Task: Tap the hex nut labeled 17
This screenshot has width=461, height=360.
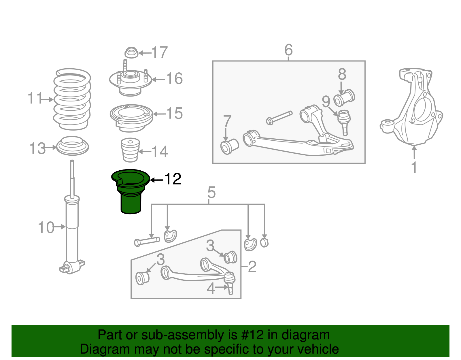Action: click(131, 52)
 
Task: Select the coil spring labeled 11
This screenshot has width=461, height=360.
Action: click(72, 99)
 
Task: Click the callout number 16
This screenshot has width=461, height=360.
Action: click(174, 78)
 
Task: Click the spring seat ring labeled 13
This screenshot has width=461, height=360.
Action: click(72, 146)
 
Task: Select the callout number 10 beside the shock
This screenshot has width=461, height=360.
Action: click(46, 227)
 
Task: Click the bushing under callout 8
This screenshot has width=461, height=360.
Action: click(344, 98)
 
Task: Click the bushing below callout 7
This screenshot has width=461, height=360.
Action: click(229, 146)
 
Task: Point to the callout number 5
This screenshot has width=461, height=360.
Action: click(211, 192)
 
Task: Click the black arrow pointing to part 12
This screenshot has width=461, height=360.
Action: click(156, 180)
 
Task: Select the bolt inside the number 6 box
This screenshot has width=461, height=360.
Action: click(279, 117)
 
